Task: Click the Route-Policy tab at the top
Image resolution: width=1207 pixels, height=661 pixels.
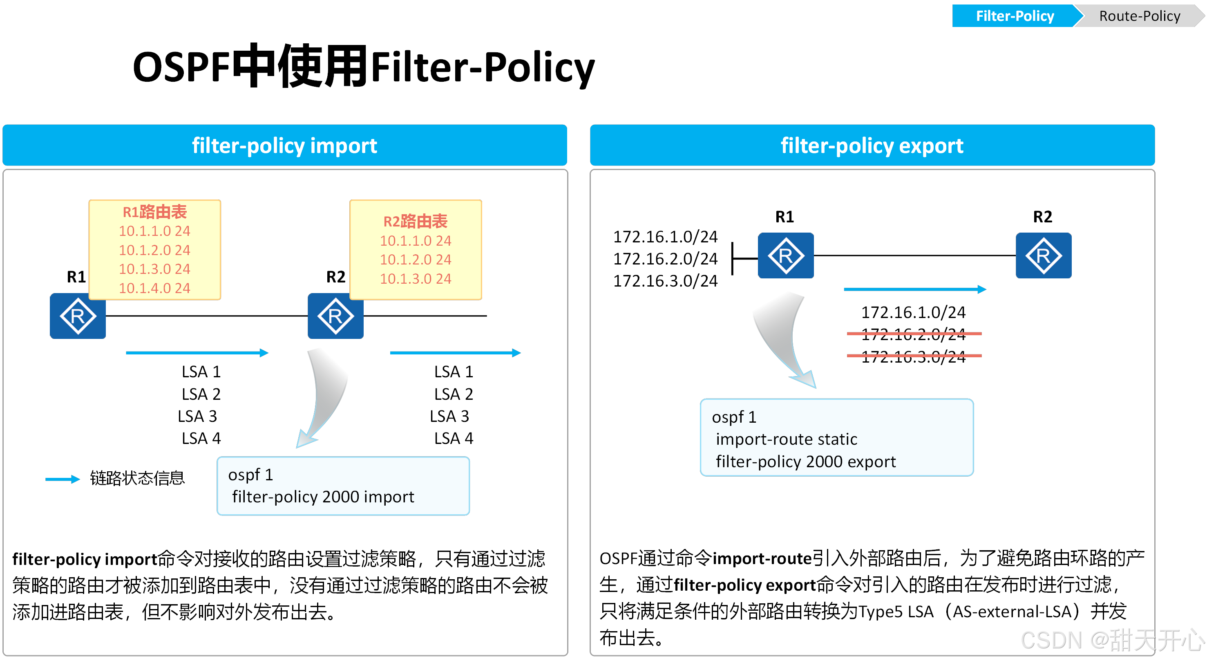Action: pyautogui.click(x=1139, y=16)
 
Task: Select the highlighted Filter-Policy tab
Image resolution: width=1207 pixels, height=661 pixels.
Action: pyautogui.click(x=1015, y=16)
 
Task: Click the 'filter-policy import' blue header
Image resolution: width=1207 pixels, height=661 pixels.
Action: pyautogui.click(x=284, y=146)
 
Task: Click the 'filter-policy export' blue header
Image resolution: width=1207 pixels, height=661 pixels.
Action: pyautogui.click(x=872, y=146)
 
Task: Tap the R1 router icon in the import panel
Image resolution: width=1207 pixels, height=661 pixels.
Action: pyautogui.click(x=78, y=316)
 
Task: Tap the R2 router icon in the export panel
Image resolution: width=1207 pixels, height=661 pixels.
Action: pyautogui.click(x=1043, y=255)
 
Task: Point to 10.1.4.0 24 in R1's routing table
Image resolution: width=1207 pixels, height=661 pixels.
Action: pyautogui.click(x=154, y=288)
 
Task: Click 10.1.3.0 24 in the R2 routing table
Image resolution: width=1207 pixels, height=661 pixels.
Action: pyautogui.click(x=415, y=278)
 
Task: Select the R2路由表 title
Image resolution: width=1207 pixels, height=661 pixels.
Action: pyautogui.click(x=415, y=221)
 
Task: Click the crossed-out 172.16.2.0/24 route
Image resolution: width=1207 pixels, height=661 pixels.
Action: pyautogui.click(x=913, y=334)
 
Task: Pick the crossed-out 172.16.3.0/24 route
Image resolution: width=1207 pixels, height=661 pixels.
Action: pyautogui.click(x=913, y=357)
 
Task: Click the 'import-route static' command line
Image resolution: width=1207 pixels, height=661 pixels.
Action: pyautogui.click(x=786, y=439)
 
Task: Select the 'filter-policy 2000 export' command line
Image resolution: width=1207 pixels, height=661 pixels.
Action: pyautogui.click(x=805, y=462)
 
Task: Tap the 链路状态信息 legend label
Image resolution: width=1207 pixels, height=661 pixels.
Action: pyautogui.click(x=137, y=478)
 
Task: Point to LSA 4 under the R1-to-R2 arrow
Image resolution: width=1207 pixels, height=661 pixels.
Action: pyautogui.click(x=201, y=438)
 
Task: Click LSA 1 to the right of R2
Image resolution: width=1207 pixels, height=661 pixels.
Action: pyautogui.click(x=454, y=372)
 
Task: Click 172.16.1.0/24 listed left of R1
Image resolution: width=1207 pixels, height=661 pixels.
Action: pyautogui.click(x=665, y=237)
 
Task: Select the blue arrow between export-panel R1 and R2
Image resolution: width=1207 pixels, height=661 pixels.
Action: pyautogui.click(x=914, y=289)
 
